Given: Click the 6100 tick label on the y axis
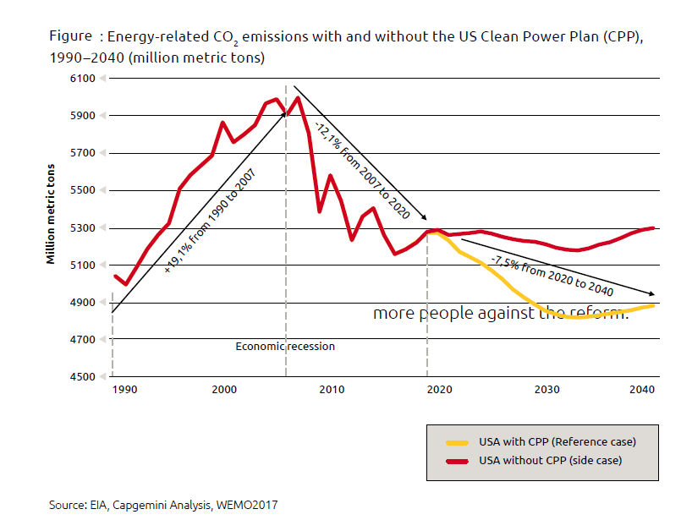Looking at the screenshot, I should tap(85, 79).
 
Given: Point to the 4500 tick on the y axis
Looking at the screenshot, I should tap(85, 377).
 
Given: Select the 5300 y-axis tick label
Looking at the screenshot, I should tap(85, 228).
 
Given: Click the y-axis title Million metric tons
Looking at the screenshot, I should tap(52, 214).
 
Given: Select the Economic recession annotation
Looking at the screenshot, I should tap(285, 347).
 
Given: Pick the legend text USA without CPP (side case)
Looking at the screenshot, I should tap(550, 461).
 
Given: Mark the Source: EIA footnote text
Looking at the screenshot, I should tap(163, 505).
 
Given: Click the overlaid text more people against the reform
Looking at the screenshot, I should tap(501, 314).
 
